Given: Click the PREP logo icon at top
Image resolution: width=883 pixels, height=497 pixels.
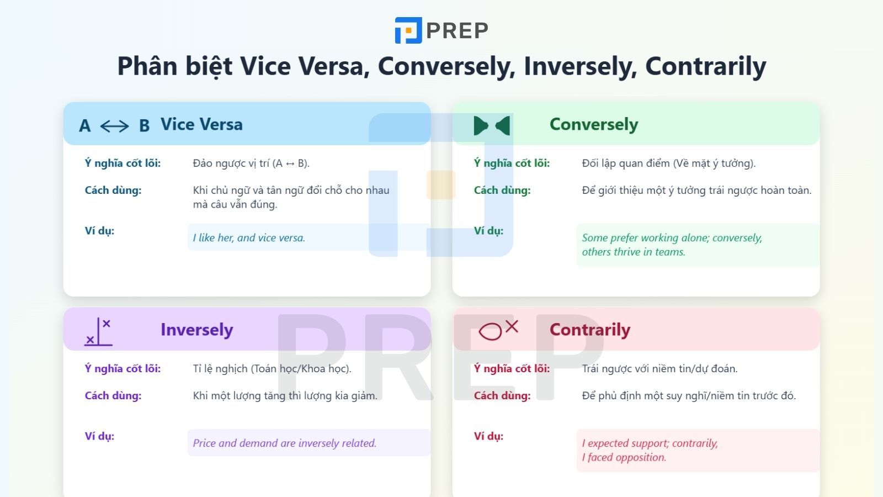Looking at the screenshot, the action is pos(408,30).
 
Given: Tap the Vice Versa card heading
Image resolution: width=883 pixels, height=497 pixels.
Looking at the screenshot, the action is pos(201,124).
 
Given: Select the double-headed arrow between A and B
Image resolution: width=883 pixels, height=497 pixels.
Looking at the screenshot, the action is pos(114,126).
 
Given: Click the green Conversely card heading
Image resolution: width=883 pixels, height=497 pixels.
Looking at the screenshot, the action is pos(594,125).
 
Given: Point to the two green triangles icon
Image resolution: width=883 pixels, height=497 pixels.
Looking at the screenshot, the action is pos(492,126).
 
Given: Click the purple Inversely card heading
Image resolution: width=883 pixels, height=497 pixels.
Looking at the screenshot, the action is pos(196,330).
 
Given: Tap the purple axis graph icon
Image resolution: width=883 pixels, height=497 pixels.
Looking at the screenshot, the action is pos(98,332).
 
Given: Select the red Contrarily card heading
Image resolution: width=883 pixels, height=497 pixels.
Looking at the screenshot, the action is pos(590,330).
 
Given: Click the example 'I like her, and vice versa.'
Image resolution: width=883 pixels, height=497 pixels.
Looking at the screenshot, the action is pos(249,238).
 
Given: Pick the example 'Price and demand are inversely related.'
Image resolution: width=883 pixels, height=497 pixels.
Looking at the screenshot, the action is pos(284,443).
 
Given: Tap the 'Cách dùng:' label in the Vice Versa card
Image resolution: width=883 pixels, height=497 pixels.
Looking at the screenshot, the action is pos(113,190).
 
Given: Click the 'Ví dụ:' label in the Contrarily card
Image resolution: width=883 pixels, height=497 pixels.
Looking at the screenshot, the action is pos(488,436).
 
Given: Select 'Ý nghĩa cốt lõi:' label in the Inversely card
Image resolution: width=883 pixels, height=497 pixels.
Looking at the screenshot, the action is pos(123,368).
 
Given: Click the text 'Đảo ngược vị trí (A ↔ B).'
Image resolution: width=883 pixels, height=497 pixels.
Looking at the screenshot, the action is pos(251,163).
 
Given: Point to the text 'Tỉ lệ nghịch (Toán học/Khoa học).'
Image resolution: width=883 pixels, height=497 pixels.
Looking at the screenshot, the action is pos(272,368).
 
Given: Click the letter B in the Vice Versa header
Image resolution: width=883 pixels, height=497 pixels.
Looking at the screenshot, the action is pos(144,126).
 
